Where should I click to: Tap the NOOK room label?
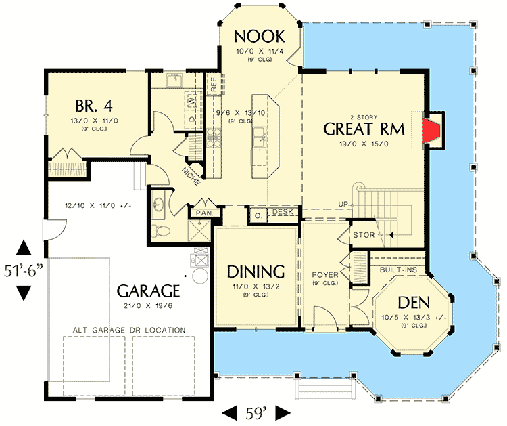(260, 35)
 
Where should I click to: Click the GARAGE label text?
(148, 291)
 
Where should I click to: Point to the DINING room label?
(256, 272)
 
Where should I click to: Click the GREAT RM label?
(361, 128)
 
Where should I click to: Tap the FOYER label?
(324, 275)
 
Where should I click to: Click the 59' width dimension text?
(256, 411)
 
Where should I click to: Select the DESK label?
(283, 213)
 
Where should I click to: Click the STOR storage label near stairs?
(364, 235)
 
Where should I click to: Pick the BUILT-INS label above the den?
(398, 270)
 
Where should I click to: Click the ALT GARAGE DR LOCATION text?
(130, 330)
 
